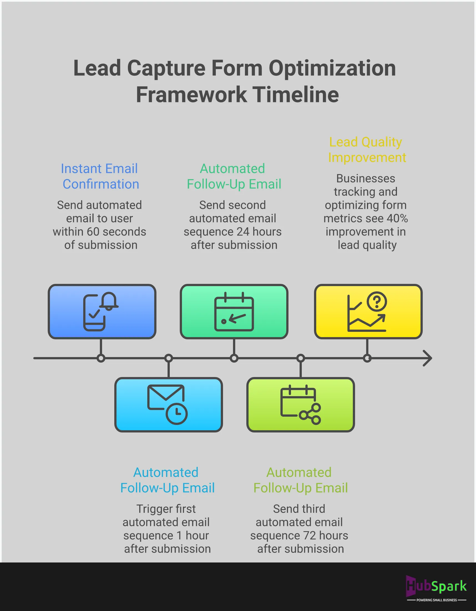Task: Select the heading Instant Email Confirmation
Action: pos(100,176)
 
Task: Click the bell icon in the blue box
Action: pos(109,301)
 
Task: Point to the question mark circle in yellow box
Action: pos(377,302)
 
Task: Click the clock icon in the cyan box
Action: pos(176,414)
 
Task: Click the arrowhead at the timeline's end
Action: pos(427,358)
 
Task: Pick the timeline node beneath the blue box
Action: pos(101,358)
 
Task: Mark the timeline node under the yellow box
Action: pos(367,358)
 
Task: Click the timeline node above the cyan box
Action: pos(169,358)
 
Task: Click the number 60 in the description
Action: pos(93,232)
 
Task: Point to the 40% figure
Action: pos(397,218)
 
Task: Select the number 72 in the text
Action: pos(309,536)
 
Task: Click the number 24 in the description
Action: pos(243,232)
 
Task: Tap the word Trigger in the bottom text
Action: pos(151,509)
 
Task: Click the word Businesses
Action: pos(365,178)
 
